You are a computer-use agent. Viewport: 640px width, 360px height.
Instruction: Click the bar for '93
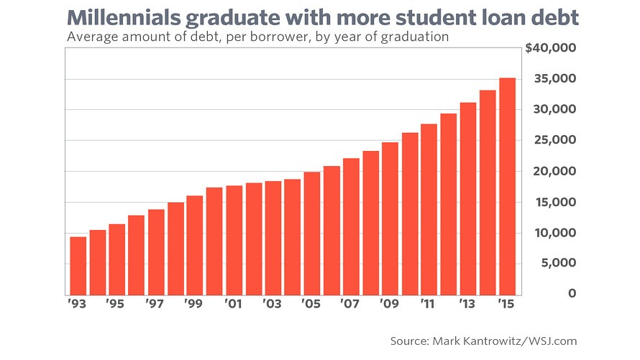click(x=78, y=266)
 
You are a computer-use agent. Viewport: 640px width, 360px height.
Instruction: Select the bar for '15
click(x=507, y=187)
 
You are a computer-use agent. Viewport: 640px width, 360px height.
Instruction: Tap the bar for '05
click(x=312, y=234)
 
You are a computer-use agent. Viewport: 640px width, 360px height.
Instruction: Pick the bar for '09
click(x=390, y=218)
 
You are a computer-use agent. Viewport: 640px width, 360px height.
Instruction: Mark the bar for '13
click(x=468, y=198)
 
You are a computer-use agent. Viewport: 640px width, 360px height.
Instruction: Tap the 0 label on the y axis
click(x=571, y=293)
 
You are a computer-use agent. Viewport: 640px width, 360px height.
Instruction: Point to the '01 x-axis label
click(x=232, y=305)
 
